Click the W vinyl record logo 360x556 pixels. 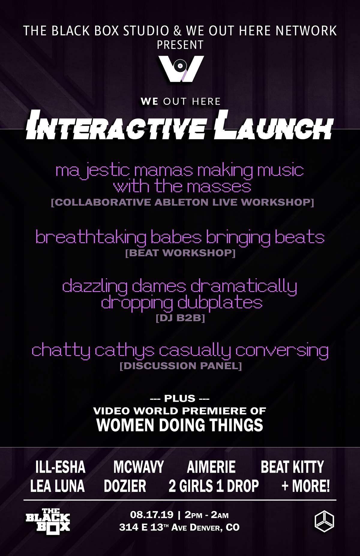181,69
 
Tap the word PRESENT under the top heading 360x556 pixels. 180,45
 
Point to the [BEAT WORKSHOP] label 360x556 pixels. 180,253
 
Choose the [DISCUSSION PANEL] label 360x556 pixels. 181,366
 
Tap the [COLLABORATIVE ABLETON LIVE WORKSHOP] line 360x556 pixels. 182,202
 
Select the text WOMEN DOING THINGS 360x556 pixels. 180,425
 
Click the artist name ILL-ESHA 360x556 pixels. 60,467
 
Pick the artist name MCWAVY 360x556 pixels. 139,467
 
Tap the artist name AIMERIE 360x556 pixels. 211,467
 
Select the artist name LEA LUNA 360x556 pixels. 57,486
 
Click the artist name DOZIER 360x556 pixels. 125,486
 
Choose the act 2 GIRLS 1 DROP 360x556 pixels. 214,486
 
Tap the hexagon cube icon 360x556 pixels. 324,522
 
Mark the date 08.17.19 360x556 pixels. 152,515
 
